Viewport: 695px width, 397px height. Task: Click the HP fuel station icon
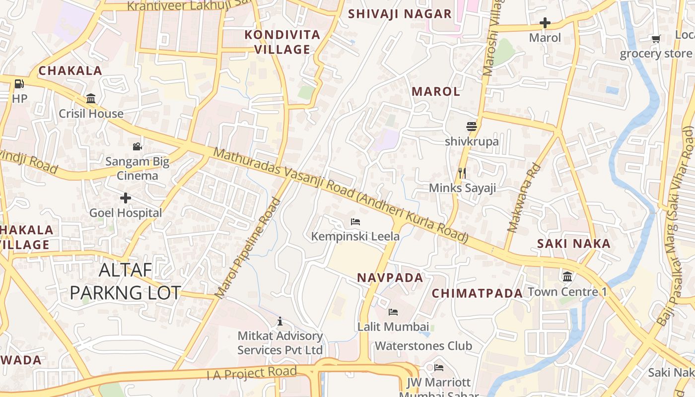coord(19,84)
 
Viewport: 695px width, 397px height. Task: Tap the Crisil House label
coord(91,114)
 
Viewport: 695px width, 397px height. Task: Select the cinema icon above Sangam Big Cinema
coord(137,146)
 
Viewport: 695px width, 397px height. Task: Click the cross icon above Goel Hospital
coord(126,198)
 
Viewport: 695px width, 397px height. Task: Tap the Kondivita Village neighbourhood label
coord(282,42)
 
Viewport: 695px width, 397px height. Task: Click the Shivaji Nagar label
coord(400,14)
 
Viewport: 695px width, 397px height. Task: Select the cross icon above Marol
coord(545,23)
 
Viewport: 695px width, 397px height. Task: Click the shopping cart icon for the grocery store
coord(656,39)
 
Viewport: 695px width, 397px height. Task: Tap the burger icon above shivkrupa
coord(471,127)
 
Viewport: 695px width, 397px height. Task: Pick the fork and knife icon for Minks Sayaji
coord(462,173)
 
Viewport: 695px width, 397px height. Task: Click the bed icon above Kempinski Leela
coord(355,221)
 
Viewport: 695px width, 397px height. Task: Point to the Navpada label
coord(390,278)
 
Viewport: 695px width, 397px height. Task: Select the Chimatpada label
coord(477,293)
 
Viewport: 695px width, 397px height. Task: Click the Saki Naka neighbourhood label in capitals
coord(573,244)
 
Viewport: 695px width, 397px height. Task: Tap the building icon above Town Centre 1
coord(567,276)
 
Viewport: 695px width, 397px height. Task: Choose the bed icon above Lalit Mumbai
coord(393,312)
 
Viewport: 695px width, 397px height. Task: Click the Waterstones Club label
coord(423,346)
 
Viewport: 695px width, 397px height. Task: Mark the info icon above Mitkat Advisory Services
coord(280,322)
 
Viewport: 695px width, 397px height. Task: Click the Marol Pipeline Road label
coord(248,248)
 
